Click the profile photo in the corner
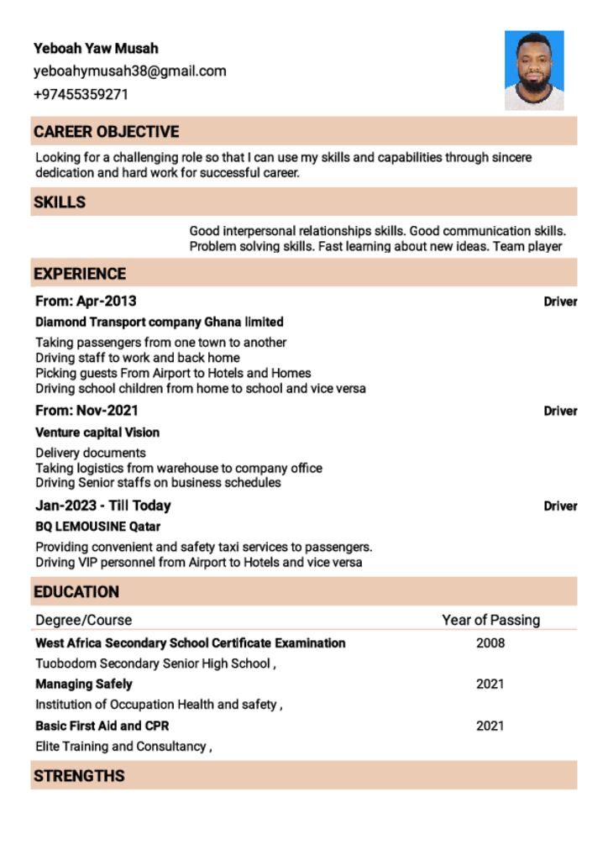[x=534, y=71]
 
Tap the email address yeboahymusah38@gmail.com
[x=130, y=71]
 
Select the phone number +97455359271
[x=81, y=94]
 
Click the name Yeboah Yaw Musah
[x=96, y=49]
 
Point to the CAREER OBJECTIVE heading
[x=107, y=132]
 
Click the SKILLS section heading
[x=60, y=202]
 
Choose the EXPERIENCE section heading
[x=80, y=274]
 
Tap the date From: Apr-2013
[x=86, y=302]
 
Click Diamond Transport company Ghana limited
[x=160, y=322]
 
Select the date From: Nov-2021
[x=86, y=411]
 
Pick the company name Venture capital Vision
[x=97, y=433]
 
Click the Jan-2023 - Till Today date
[x=103, y=506]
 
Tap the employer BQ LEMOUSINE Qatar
[x=97, y=527]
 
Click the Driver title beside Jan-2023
[x=560, y=506]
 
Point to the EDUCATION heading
[x=76, y=592]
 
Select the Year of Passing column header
[x=491, y=621]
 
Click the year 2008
[x=490, y=643]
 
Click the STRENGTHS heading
[x=79, y=776]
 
